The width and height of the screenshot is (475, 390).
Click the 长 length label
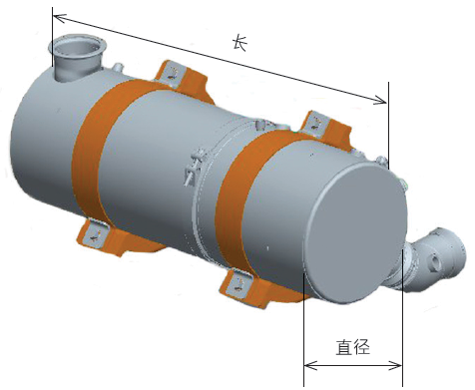click(239, 44)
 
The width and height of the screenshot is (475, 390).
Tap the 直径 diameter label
click(353, 347)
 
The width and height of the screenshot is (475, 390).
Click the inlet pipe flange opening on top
click(77, 48)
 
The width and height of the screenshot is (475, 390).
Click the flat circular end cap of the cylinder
click(355, 232)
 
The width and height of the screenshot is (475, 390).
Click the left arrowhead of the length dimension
click(59, 18)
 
